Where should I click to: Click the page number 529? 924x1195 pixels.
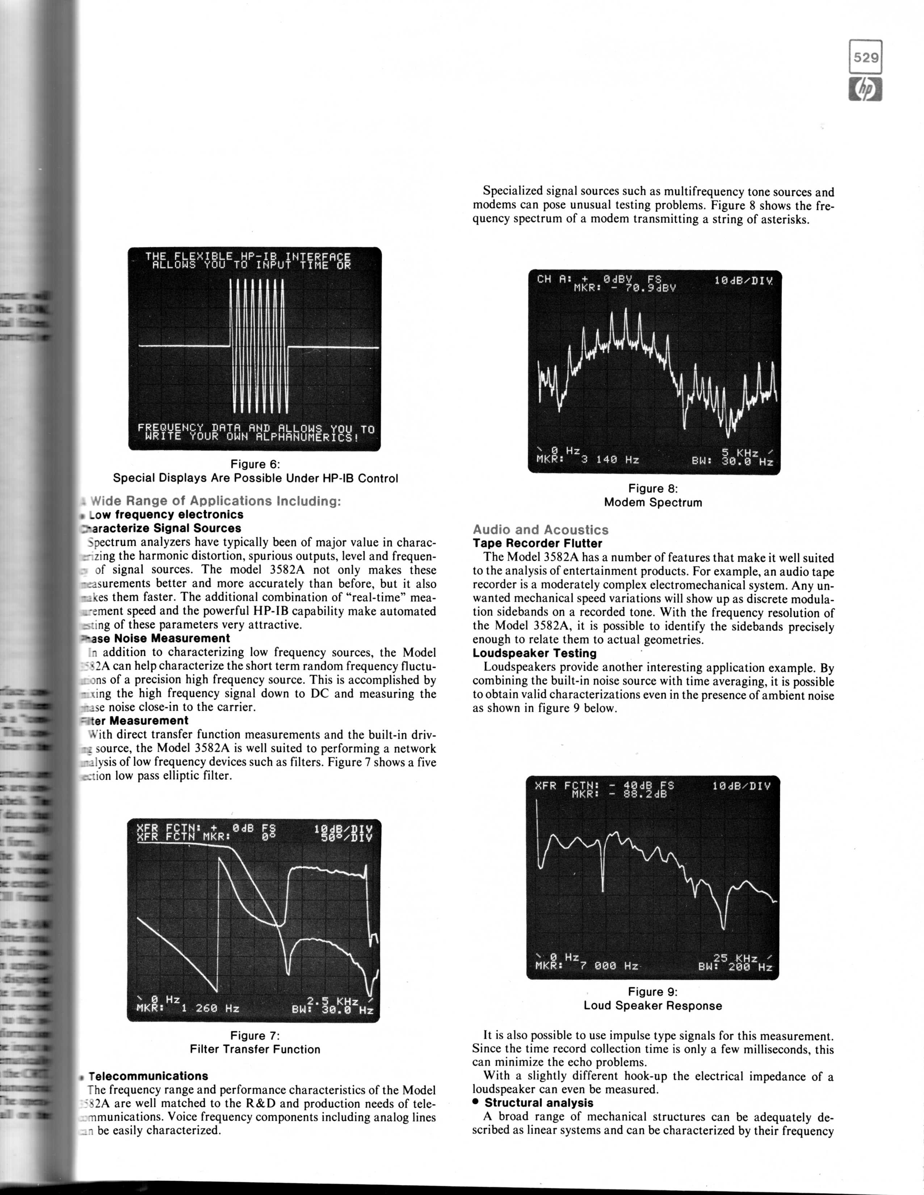point(866,57)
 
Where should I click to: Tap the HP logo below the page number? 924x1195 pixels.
point(866,90)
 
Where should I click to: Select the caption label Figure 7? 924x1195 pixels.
point(255,1036)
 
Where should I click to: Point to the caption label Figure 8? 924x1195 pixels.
point(653,488)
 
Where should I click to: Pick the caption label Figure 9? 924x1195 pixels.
point(653,992)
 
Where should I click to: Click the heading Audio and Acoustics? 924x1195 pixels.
point(541,530)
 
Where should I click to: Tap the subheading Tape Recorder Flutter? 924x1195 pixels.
point(537,543)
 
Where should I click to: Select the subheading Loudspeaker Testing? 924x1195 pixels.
point(534,653)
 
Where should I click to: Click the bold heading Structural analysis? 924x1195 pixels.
point(539,1103)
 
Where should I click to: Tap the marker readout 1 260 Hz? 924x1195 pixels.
point(210,1008)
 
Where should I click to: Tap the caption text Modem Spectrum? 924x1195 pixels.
point(653,502)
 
